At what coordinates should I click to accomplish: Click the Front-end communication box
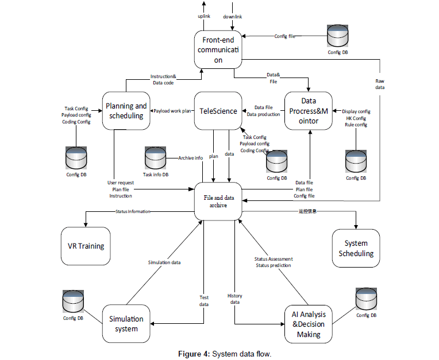218,49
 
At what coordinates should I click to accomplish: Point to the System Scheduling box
356,248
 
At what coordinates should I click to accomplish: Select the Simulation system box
126,323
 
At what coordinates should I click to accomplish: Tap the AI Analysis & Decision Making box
309,324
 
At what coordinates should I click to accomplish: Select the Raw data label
380,84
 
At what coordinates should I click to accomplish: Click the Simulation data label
164,262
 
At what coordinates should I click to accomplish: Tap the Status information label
133,211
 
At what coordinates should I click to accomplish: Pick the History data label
234,299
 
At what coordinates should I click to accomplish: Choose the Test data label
204,301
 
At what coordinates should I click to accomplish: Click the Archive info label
190,158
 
